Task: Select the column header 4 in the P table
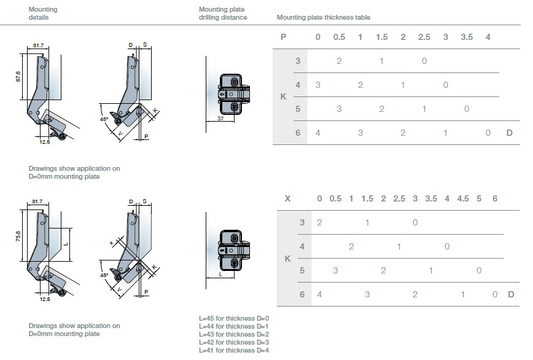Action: coord(488,37)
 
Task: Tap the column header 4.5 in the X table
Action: coord(462,198)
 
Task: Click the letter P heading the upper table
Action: coord(283,37)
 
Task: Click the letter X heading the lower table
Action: coord(287,198)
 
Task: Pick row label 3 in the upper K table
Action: coord(298,61)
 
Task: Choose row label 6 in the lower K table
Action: coord(302,294)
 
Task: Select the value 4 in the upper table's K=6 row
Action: coord(317,133)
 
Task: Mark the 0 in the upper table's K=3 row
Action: coord(424,61)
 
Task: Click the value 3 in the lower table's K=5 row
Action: coord(335,270)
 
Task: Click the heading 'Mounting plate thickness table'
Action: coord(323,18)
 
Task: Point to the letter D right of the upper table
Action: coord(509,133)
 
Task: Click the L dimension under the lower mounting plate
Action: coord(220,275)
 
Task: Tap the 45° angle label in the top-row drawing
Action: coord(104,119)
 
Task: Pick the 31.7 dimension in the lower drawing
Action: coord(37,201)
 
